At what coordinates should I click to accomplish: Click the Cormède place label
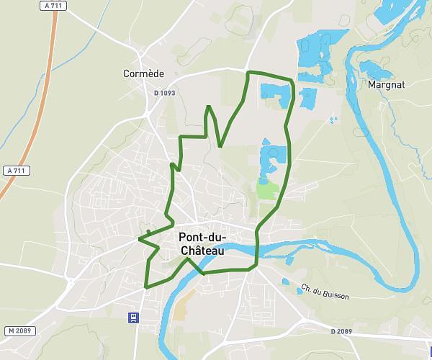click(144, 73)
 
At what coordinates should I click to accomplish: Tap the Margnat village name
click(386, 84)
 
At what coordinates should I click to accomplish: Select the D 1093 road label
click(164, 93)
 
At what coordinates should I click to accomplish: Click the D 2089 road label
click(342, 331)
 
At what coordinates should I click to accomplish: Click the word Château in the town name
click(202, 251)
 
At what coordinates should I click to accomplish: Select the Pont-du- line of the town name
click(202, 238)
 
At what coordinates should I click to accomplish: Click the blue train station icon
click(133, 317)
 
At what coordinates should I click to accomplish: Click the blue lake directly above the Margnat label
click(374, 69)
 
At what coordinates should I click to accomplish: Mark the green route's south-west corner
click(146, 287)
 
